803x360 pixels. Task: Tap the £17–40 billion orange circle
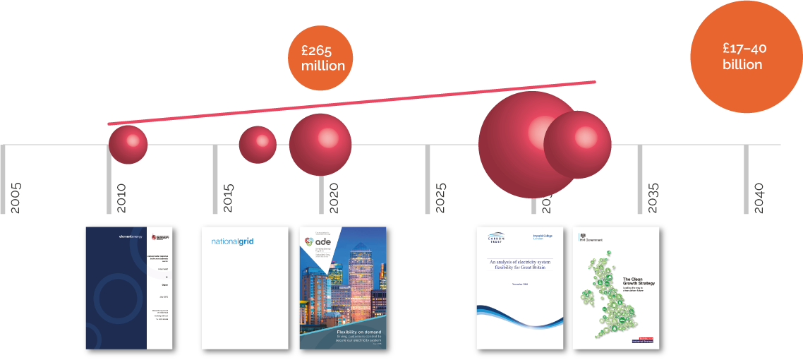tap(744, 56)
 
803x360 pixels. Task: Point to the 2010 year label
tap(121, 198)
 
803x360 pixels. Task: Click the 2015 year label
tap(228, 198)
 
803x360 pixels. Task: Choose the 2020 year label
tap(334, 198)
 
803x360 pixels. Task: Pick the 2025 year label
tap(440, 198)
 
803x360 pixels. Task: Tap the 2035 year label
tap(653, 198)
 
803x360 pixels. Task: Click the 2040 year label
tap(759, 198)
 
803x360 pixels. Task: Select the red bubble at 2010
tap(128, 144)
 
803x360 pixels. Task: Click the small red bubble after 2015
tap(258, 144)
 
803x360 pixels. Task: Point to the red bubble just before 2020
tap(320, 144)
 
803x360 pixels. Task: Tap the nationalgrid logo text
tap(232, 241)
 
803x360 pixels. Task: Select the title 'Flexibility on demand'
tap(358, 331)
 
